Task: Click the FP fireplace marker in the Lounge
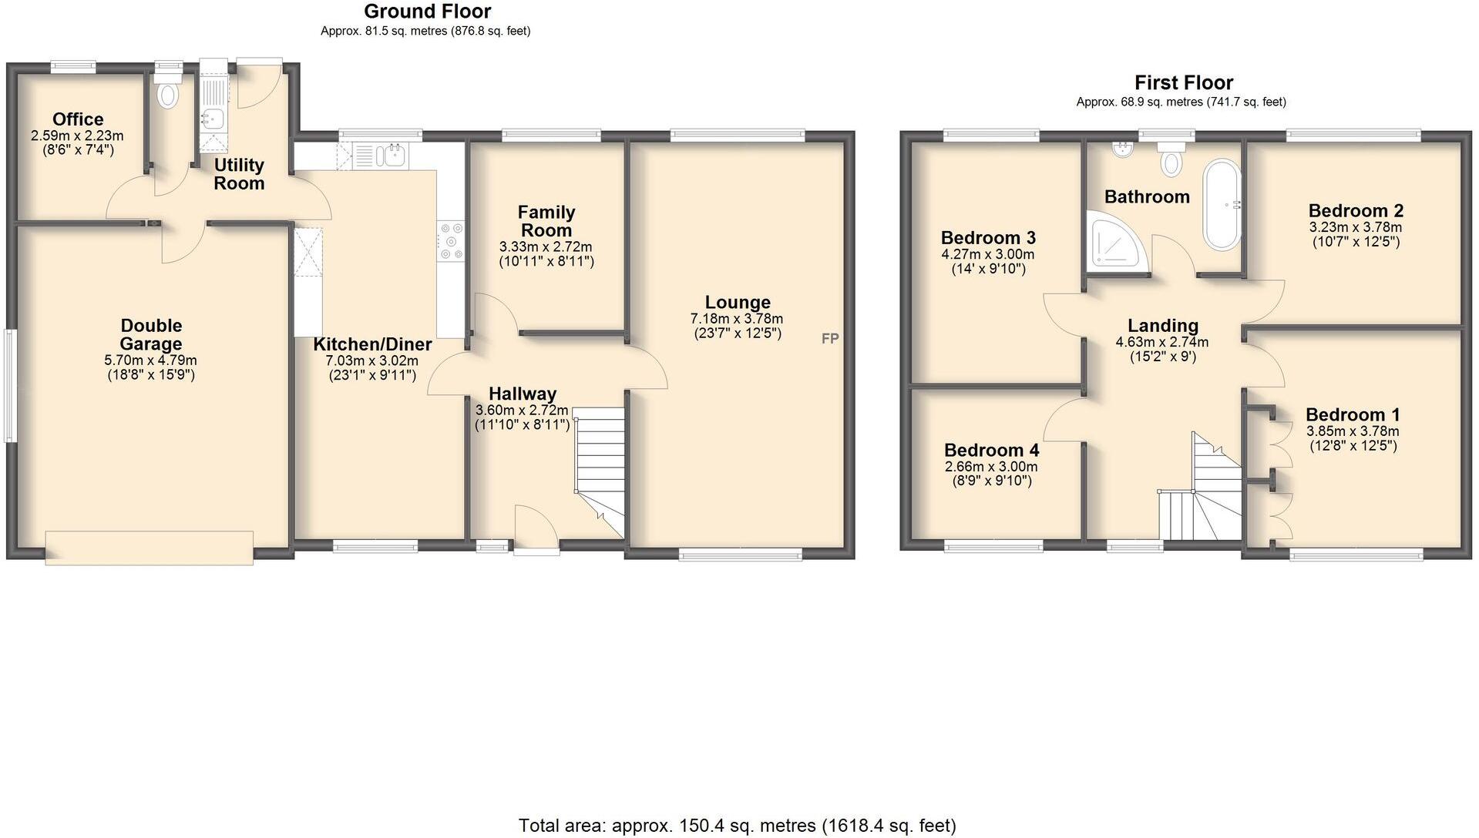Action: pos(829,338)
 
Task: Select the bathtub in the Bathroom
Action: pos(1222,204)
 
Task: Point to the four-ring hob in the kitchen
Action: pos(450,240)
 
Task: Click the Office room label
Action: pos(78,119)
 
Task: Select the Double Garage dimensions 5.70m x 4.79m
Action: pos(150,360)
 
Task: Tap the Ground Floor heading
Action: pos(427,12)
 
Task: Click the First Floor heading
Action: pos(1183,82)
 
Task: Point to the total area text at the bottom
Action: pos(737,826)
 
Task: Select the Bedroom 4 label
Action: pos(991,450)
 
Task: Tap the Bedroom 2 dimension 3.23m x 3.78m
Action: pos(1355,227)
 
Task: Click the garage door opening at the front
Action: pos(149,548)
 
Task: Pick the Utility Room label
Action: pos(239,174)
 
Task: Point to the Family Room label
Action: pos(546,221)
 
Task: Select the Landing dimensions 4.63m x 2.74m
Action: pos(1161,342)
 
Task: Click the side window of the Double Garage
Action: pos(11,385)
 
